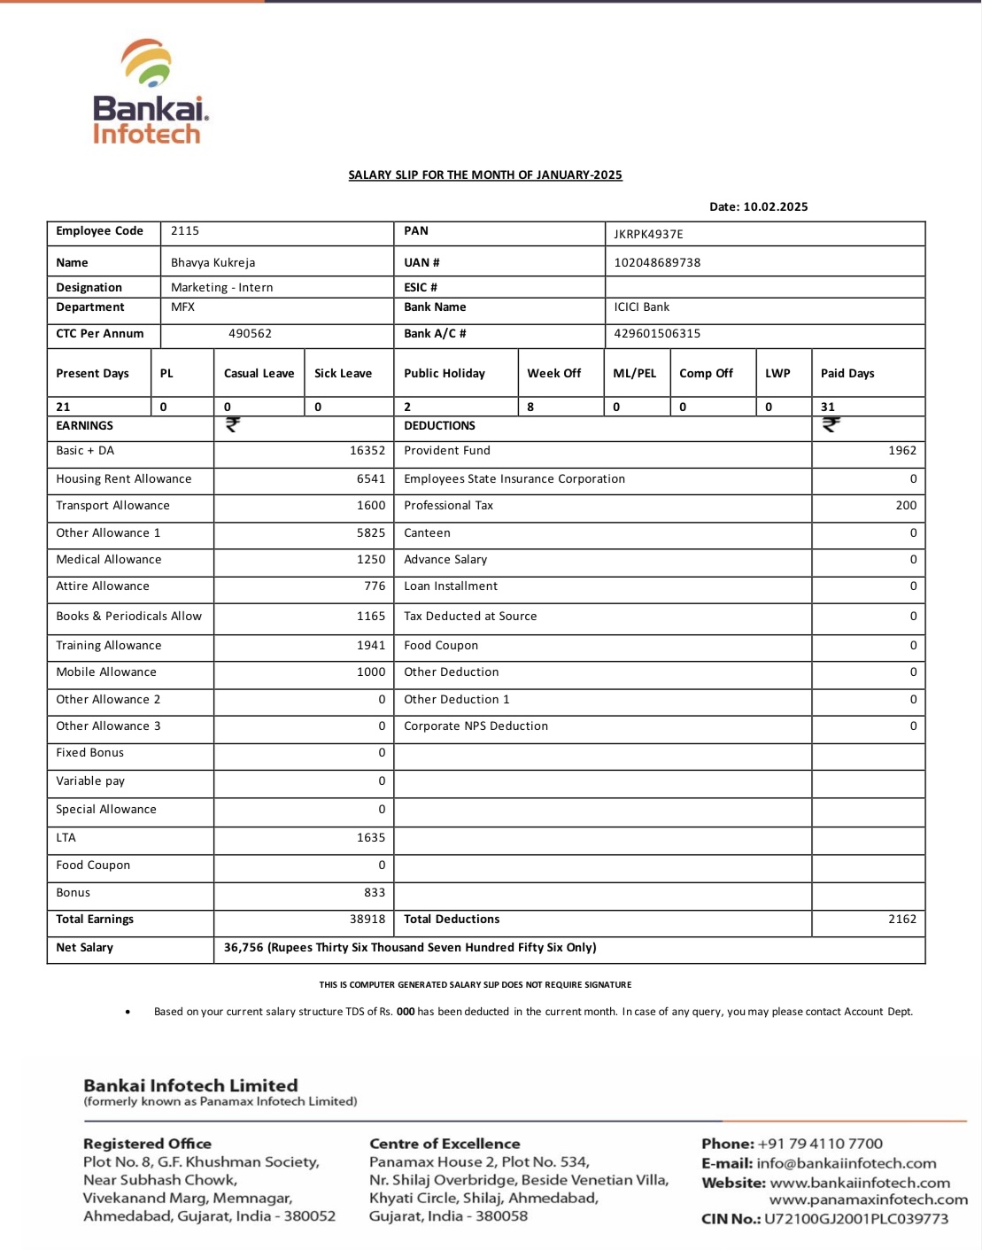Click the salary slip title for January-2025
pos(485,175)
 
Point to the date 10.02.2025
pos(775,207)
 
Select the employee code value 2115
pos(185,231)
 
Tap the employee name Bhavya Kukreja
pos(213,263)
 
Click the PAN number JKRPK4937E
pos(648,235)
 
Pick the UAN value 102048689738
pos(657,263)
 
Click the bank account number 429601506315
pos(657,334)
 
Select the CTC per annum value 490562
pos(250,334)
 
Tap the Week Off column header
pos(554,374)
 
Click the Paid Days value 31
pos(828,408)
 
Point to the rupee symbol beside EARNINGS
pos(233,425)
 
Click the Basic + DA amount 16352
pos(367,451)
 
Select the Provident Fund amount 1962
pos(902,451)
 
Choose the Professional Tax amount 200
pos(906,506)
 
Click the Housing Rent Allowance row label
pos(124,479)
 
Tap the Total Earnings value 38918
pos(367,920)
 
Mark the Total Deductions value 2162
pos(902,920)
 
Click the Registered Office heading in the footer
pos(147,1144)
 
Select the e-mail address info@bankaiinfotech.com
pos(847,1163)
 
